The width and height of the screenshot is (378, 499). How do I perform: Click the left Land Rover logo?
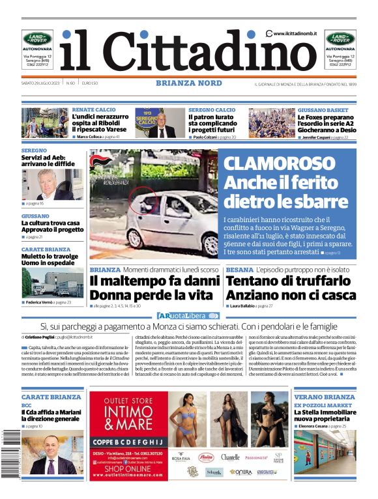(x=37, y=38)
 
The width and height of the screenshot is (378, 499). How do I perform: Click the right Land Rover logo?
(x=340, y=38)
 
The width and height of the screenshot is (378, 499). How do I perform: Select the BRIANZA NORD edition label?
(x=188, y=83)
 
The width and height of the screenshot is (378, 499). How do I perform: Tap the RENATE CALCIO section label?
(x=94, y=110)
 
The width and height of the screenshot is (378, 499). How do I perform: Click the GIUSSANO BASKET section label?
(x=323, y=110)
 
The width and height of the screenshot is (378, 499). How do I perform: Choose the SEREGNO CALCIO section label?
(x=212, y=110)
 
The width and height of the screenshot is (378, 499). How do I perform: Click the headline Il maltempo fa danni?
(x=154, y=281)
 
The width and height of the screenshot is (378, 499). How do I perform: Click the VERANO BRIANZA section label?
(x=325, y=397)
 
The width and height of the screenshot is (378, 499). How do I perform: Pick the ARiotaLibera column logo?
(x=188, y=316)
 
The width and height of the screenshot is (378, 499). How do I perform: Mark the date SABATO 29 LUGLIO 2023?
(x=41, y=83)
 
